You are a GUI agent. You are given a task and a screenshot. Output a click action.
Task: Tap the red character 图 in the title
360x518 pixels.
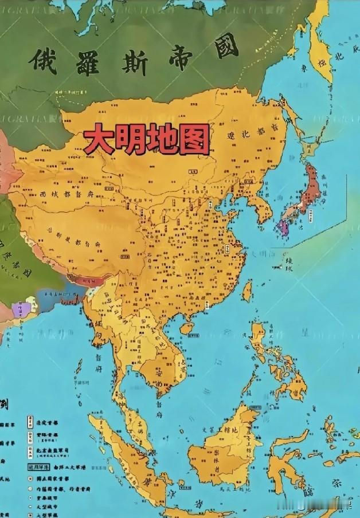193,139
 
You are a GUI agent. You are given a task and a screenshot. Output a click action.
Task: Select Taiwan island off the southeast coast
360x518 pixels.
247,292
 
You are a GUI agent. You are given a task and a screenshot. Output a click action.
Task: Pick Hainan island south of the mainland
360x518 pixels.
186,328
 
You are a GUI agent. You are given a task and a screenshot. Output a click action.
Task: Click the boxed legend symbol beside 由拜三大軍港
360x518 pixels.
28,466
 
